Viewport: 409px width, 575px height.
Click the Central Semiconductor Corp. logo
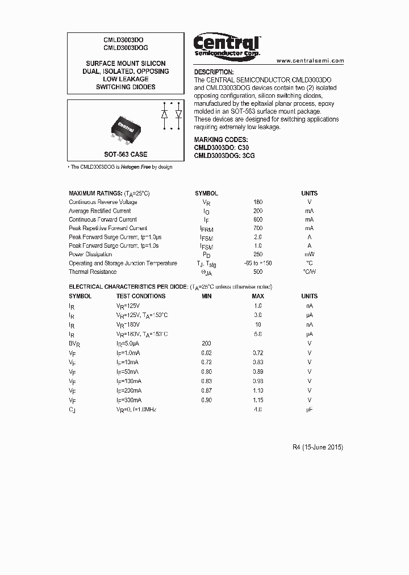pyautogui.click(x=227, y=45)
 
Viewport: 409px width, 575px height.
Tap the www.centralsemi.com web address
pyautogui.click(x=310, y=60)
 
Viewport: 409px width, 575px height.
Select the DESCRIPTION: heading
pyautogui.click(x=214, y=73)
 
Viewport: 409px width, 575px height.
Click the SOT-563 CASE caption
pyautogui.click(x=126, y=155)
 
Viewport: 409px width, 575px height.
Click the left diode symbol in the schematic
pyautogui.click(x=165, y=114)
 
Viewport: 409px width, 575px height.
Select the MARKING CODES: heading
pyautogui.click(x=221, y=140)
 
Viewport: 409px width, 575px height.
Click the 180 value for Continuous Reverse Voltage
pyautogui.click(x=258, y=202)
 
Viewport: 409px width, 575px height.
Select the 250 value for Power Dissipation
pyautogui.click(x=258, y=255)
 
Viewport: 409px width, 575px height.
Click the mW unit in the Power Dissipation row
pyautogui.click(x=309, y=255)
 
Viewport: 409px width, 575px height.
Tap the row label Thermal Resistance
pyautogui.click(x=93, y=272)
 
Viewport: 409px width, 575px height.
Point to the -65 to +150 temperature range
pyautogui.click(x=258, y=264)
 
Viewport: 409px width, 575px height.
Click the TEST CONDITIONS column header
pyautogui.click(x=141, y=296)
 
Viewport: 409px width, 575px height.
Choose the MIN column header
pyautogui.click(x=207, y=296)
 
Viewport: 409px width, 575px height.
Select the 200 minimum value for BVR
pyautogui.click(x=207, y=344)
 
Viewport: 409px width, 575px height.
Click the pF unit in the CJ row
pyautogui.click(x=309, y=410)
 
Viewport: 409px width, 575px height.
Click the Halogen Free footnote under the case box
pyautogui.click(x=120, y=167)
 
